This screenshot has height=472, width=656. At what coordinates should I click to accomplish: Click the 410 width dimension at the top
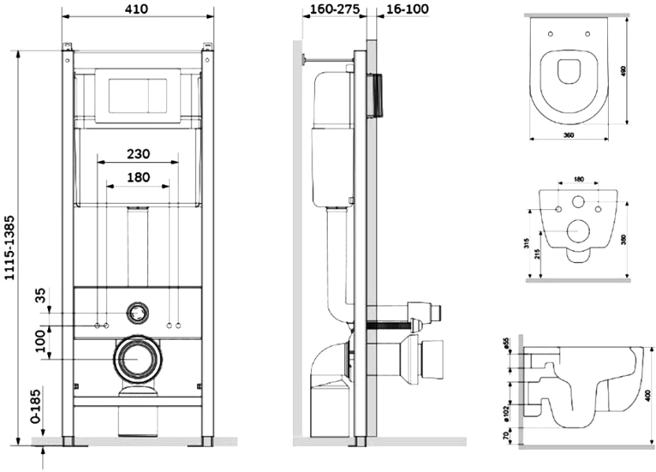point(138,9)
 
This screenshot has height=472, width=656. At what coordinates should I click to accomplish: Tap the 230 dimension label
point(138,153)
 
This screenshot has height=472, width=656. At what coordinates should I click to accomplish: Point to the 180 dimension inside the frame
point(138,177)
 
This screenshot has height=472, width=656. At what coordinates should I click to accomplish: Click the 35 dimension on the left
point(40,297)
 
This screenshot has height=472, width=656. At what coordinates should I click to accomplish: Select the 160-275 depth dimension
point(327,9)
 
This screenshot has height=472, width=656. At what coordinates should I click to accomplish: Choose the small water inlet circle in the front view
point(138,312)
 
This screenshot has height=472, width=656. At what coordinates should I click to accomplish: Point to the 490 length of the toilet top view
point(622,71)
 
